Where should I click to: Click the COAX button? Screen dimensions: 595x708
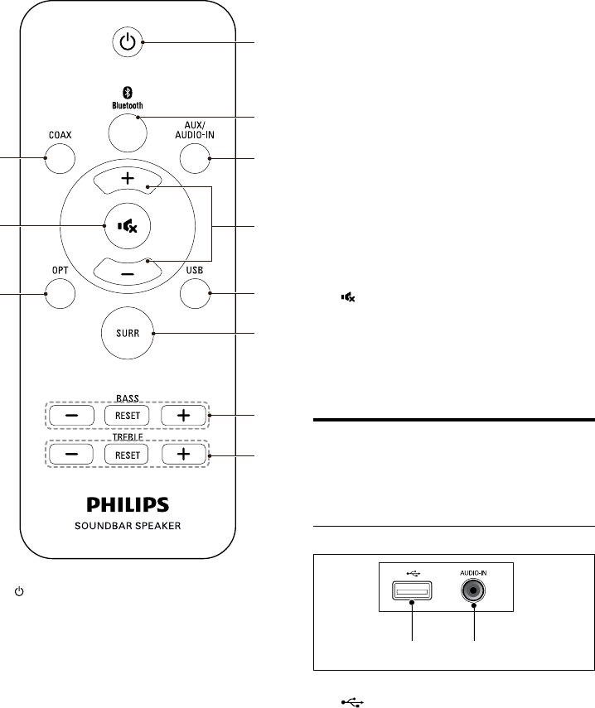58,157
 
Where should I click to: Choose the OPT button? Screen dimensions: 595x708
58,292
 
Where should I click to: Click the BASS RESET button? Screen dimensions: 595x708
126,414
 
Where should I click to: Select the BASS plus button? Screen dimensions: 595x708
182,414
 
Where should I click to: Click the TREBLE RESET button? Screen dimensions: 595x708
126,454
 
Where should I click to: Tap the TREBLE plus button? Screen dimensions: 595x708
182,454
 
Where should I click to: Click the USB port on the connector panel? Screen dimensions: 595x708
412,591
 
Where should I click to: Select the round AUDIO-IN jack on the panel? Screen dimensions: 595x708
474,591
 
